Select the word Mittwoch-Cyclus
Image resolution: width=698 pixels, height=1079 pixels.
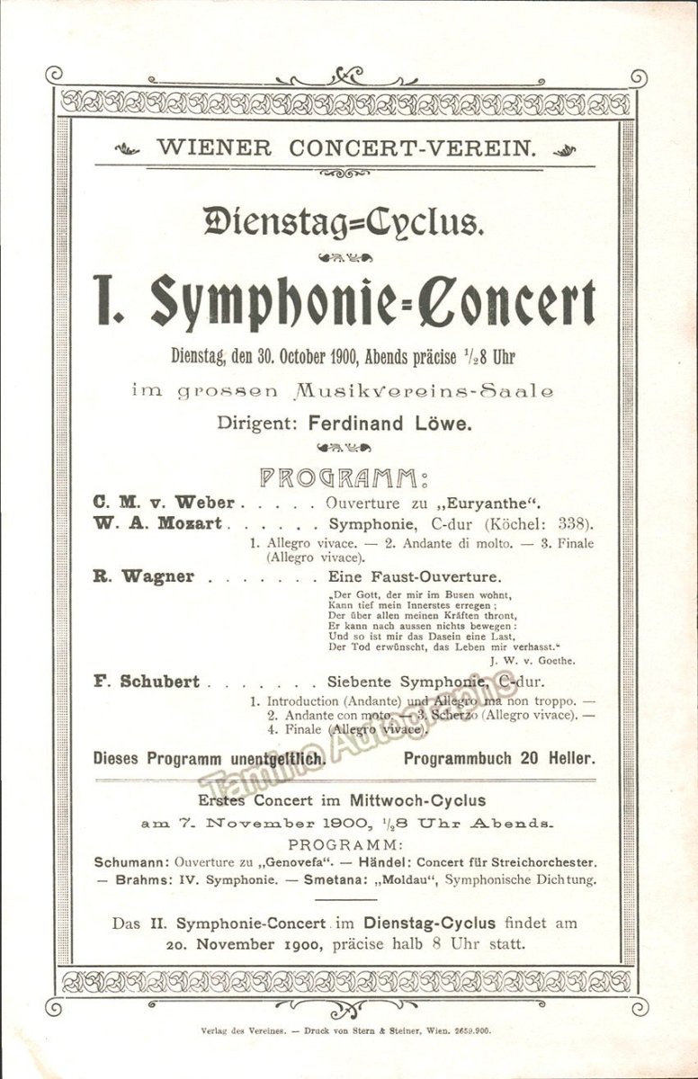pyautogui.click(x=421, y=799)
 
